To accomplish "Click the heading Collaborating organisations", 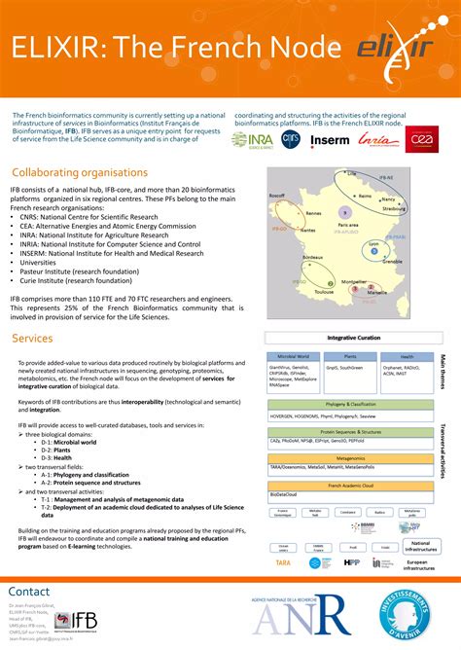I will pos(80,172).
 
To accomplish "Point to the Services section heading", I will pos(33,338).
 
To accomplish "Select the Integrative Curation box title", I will pos(354,337).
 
